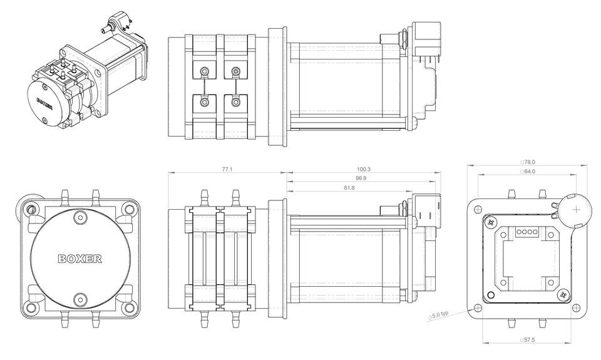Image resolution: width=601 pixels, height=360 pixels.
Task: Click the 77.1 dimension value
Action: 227,169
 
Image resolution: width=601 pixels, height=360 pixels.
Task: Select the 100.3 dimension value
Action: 363,169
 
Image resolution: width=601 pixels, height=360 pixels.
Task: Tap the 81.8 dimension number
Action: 349,188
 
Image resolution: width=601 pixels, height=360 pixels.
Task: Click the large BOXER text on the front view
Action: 80,258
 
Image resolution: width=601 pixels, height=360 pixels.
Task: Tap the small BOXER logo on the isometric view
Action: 44,103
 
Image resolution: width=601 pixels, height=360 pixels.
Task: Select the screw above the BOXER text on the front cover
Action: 80,218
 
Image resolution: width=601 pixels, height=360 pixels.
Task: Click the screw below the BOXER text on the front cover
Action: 80,299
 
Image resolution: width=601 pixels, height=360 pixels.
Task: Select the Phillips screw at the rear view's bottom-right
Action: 565,296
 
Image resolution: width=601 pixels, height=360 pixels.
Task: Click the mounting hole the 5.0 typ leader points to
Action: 479,307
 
